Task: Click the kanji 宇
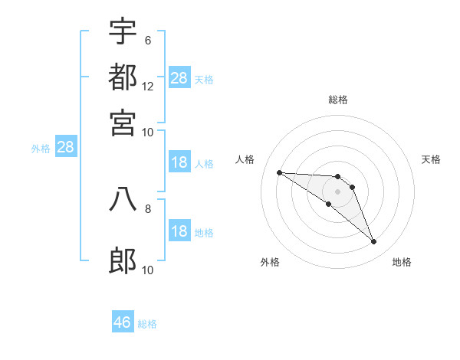[x=123, y=32]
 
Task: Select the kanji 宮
[x=123, y=123]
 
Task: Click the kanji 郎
[x=123, y=260]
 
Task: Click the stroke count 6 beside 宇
[x=147, y=40]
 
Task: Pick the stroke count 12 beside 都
[x=148, y=86]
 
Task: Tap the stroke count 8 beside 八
[x=147, y=208]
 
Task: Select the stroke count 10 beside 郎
[x=148, y=270]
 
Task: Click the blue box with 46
[x=123, y=322]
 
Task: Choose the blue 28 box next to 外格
[x=65, y=148]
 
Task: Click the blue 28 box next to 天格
[x=179, y=78]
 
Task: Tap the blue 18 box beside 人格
[x=179, y=162]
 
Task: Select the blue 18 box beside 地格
[x=179, y=231]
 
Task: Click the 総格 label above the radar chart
[x=337, y=100]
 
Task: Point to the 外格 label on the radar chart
[x=270, y=262]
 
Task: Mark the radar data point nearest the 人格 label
[x=279, y=172]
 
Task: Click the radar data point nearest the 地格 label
[x=373, y=242]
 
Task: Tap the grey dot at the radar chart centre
[x=337, y=191]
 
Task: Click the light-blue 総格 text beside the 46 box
[x=147, y=324]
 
